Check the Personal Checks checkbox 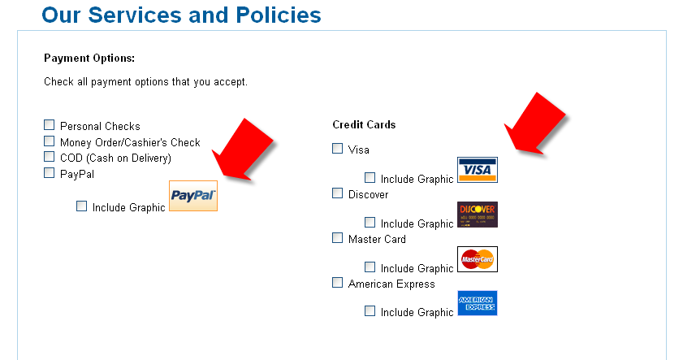pos(50,125)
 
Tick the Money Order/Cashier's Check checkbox pos(50,141)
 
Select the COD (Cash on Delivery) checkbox pos(50,157)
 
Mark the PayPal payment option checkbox pos(50,173)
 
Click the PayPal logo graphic pos(193,196)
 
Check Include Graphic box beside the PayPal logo pos(81,206)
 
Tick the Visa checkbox pos(338,149)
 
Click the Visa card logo pos(478,170)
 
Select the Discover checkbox pos(338,193)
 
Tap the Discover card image pos(478,215)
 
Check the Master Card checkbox pos(338,238)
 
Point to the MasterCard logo pos(478,259)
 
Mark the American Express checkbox pos(338,283)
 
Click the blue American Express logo pos(478,303)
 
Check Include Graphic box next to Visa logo pos(370,178)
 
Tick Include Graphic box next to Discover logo pos(370,223)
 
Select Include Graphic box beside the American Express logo pos(370,311)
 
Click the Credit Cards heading pos(364,124)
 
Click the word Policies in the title pos(279,15)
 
